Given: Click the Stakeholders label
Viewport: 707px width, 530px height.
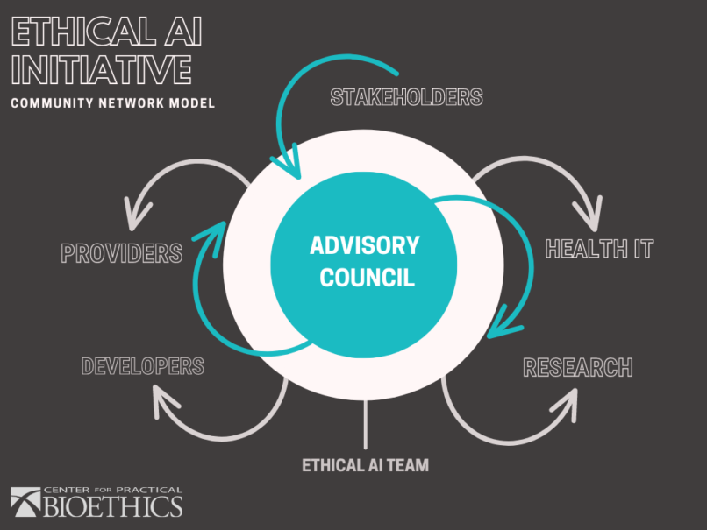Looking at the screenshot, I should coord(406,96).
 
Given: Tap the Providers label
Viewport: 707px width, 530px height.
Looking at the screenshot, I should coord(121,254).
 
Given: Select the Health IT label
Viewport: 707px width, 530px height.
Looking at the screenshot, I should coord(599,249).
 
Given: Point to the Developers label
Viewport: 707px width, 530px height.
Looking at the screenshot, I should coord(142,365).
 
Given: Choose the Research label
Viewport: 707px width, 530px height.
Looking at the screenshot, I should coord(577,367).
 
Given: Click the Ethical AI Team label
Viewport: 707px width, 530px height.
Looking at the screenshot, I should coord(366,465).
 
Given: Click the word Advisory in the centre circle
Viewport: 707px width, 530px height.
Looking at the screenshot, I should coord(364,245).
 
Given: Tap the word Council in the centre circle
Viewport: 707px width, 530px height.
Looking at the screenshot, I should coord(366,279).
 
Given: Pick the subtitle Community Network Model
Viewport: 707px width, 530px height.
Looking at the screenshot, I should coord(112,103).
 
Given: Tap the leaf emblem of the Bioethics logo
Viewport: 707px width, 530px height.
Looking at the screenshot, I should coord(26,502).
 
